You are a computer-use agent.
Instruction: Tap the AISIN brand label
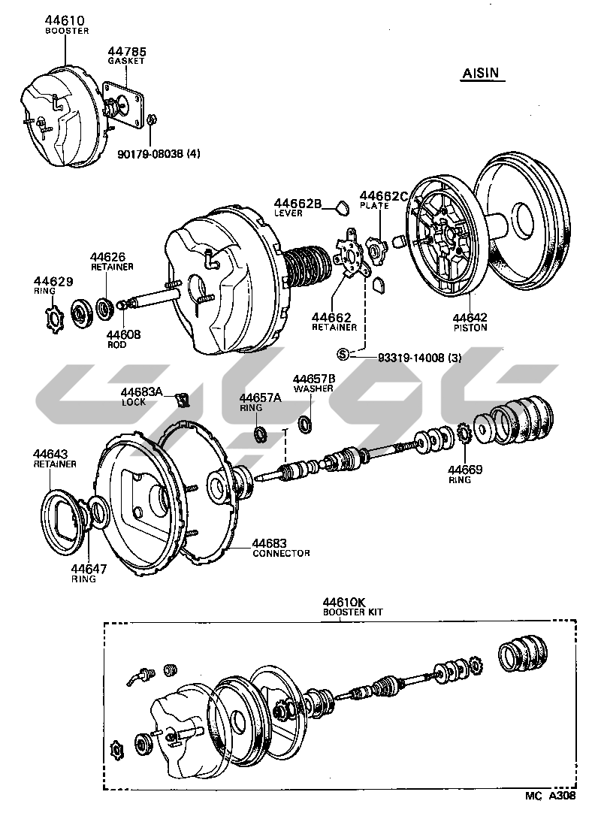pos(480,74)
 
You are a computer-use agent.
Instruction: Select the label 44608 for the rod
pos(122,335)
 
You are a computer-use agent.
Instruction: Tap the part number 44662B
pos(297,203)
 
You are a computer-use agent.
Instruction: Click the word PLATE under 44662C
pos(374,205)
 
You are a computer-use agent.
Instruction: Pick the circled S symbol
pos(343,354)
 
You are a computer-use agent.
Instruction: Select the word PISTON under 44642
pos(470,328)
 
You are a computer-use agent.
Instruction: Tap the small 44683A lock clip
pos(181,398)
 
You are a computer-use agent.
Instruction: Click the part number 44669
pos(466,470)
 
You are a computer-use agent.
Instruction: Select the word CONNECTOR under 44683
pos(281,553)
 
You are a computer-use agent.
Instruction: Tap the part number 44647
pos(89,569)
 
